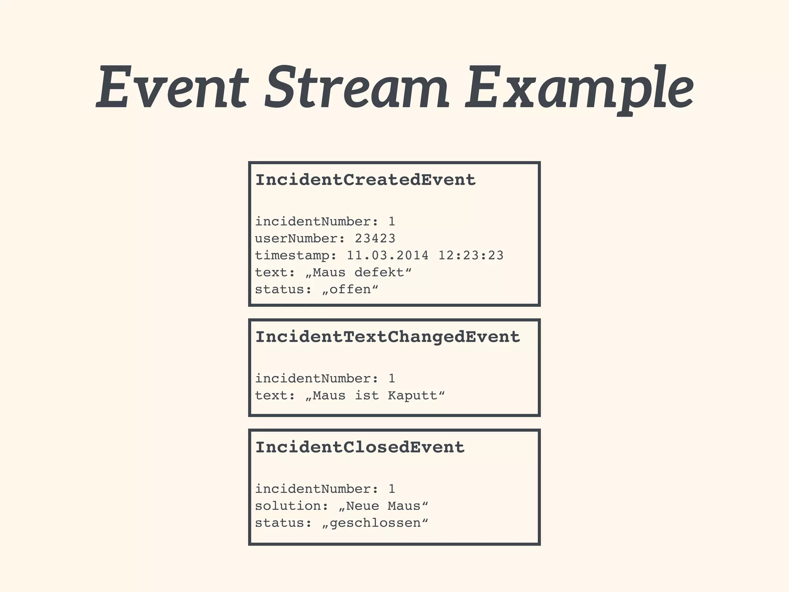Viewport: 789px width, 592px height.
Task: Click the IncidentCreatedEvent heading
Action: click(366, 180)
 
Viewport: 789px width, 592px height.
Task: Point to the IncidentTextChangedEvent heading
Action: click(388, 337)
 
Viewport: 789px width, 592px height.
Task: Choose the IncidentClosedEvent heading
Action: click(360, 447)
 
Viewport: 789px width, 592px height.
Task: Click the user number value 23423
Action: click(375, 239)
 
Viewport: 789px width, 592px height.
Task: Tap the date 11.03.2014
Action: click(388, 255)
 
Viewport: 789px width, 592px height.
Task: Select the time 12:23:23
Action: click(471, 255)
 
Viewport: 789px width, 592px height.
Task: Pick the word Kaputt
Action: click(413, 395)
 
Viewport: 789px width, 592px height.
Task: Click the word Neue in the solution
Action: click(362, 506)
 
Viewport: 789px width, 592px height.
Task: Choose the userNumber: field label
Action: click(300, 239)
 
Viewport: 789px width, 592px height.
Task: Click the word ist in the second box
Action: click(366, 395)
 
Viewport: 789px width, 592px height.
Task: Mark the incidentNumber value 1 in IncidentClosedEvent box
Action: click(392, 489)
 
